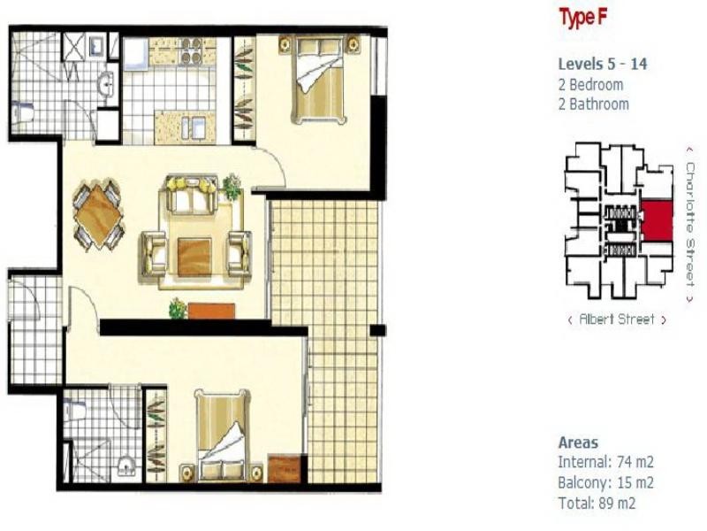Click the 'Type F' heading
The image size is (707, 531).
[581, 19]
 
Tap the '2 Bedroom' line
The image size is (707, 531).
[590, 85]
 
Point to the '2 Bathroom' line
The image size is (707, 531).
[593, 104]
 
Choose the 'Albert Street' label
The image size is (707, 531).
[617, 319]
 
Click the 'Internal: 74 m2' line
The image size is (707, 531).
[605, 461]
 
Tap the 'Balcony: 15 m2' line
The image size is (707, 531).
[605, 482]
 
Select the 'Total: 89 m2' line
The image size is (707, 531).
[597, 504]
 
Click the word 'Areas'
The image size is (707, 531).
[578, 442]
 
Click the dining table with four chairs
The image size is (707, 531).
[97, 214]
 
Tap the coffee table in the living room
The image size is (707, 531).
[194, 256]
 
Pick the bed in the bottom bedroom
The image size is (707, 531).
[223, 437]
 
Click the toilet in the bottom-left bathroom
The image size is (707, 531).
[77, 411]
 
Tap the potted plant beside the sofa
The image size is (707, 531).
[232, 186]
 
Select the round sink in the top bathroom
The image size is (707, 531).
[105, 85]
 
